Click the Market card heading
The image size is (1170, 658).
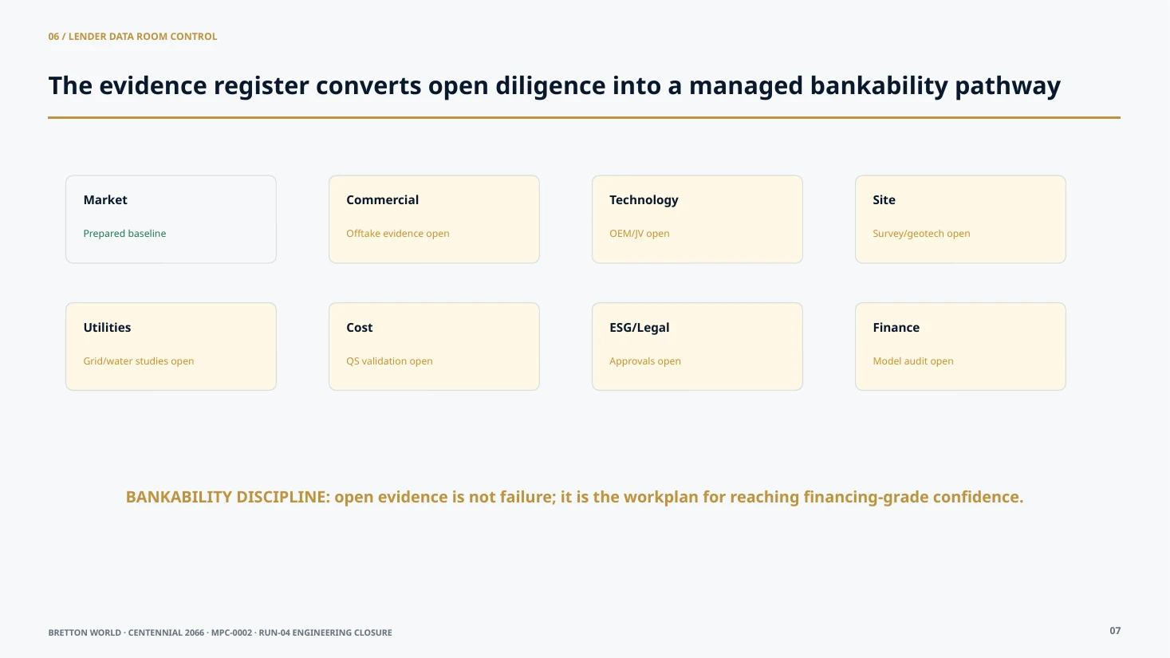(105, 200)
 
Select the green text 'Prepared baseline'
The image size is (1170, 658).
(125, 234)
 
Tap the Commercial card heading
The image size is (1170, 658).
(382, 200)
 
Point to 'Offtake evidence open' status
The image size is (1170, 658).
(397, 234)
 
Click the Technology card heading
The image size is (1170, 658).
(644, 200)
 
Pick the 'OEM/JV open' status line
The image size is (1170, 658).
(640, 234)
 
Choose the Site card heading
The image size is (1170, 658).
(884, 200)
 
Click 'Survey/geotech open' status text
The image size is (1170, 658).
(921, 234)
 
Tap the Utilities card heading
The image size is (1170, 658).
(107, 328)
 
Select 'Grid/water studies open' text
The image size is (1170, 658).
(139, 361)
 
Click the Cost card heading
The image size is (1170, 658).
(360, 328)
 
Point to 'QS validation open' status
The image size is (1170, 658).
(389, 361)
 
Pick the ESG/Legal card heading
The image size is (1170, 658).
(640, 328)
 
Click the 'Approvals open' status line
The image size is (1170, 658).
(645, 361)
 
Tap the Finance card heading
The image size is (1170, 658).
(896, 328)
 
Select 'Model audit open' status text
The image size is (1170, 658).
(913, 361)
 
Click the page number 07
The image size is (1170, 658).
(1115, 631)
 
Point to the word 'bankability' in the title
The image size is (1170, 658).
(879, 86)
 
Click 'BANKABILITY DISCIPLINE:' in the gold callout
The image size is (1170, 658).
(228, 497)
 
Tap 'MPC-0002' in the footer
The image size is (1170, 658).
(231, 632)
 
